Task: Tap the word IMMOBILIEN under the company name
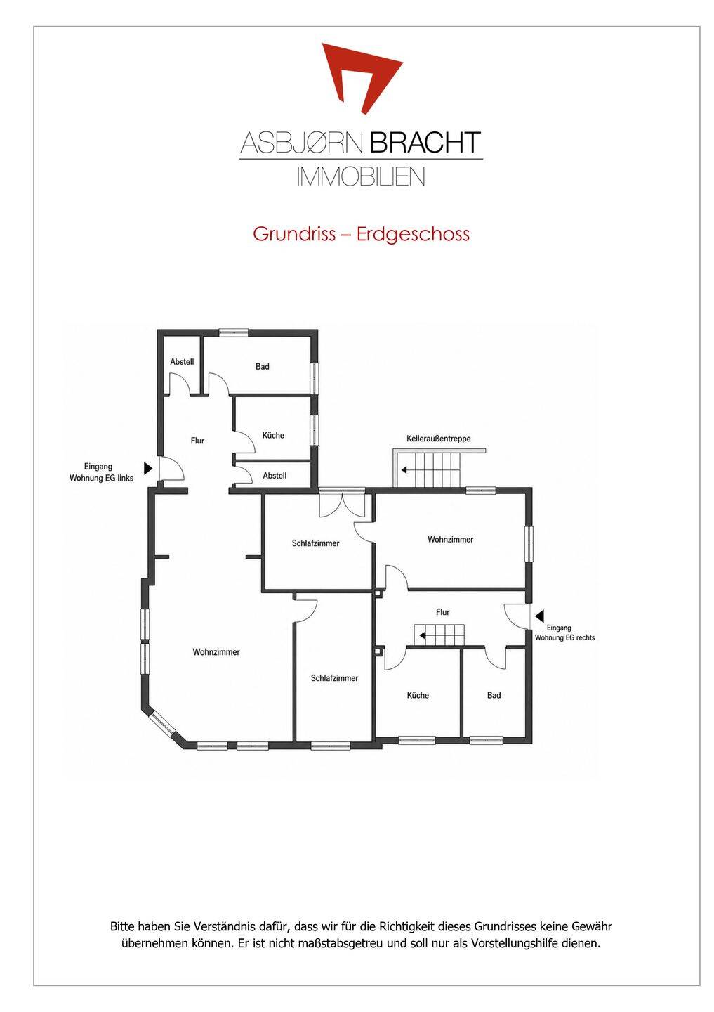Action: [x=361, y=176]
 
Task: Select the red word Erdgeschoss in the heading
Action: [x=413, y=234]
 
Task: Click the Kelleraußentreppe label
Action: [x=438, y=439]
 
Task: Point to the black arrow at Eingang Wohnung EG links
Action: [x=148, y=468]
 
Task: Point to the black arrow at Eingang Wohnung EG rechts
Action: [x=539, y=616]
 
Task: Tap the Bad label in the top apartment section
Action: [x=263, y=366]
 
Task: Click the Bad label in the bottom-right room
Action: [x=494, y=695]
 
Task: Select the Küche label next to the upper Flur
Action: [x=273, y=435]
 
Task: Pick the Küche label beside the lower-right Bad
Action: [x=418, y=695]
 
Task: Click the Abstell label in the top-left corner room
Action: [x=182, y=362]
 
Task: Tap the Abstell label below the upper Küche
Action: [x=275, y=476]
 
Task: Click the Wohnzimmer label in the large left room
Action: [x=216, y=652]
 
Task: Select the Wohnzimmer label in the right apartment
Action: [x=451, y=540]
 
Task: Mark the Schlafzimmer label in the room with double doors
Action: [x=315, y=543]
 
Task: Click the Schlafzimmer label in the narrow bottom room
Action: [x=334, y=678]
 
